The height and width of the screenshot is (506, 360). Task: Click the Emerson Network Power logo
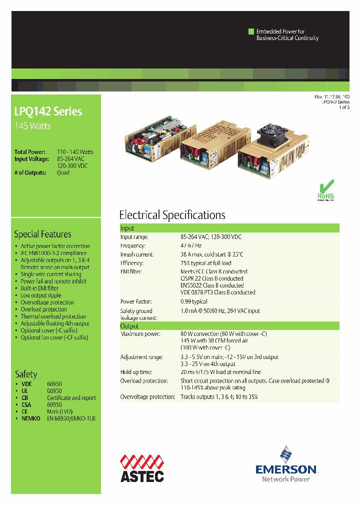(x=286, y=464)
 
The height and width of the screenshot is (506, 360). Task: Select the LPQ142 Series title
(x=48, y=111)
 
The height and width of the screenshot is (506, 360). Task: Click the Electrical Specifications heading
(x=172, y=215)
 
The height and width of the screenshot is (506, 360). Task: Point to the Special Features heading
(x=42, y=234)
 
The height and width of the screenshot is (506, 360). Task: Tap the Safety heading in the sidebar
(x=26, y=374)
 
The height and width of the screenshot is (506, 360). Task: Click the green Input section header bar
(x=229, y=228)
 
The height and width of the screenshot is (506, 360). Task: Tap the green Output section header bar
(x=229, y=326)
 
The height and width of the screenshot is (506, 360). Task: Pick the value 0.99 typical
(x=193, y=301)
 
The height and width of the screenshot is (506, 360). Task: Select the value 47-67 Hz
(x=191, y=245)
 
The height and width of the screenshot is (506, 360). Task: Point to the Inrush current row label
(x=137, y=254)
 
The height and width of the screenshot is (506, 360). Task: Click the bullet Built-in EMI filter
(x=39, y=288)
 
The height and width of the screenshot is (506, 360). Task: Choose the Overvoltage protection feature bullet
(x=47, y=302)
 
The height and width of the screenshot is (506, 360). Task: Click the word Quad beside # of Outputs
(x=63, y=172)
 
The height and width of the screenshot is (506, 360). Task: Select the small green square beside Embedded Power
(x=251, y=31)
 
